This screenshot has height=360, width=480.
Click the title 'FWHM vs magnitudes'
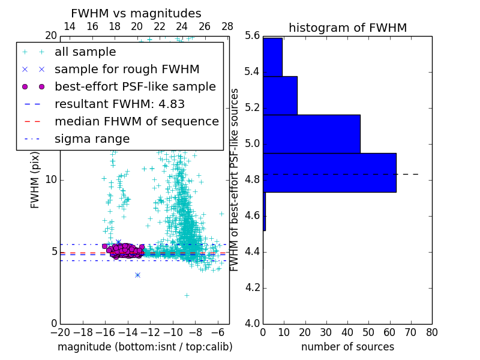point(136,14)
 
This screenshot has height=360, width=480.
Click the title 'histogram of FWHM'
point(347,28)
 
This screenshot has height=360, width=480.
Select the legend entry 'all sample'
point(85,52)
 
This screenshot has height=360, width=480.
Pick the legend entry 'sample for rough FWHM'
point(127,69)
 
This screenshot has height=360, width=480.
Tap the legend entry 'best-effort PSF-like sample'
point(135,86)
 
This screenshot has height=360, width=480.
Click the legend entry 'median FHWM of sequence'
point(136,121)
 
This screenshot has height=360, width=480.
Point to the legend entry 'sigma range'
point(92,139)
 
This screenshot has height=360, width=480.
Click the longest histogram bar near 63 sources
point(329,172)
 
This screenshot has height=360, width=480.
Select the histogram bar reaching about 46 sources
point(311,134)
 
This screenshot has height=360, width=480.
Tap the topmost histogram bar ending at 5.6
point(272,57)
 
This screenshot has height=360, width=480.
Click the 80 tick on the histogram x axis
point(431,332)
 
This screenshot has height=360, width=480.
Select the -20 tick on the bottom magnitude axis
point(60,332)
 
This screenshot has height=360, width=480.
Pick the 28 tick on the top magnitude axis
point(227,27)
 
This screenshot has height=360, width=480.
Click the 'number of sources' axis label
point(347,347)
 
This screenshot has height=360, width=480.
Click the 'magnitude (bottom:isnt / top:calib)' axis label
point(145,347)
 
